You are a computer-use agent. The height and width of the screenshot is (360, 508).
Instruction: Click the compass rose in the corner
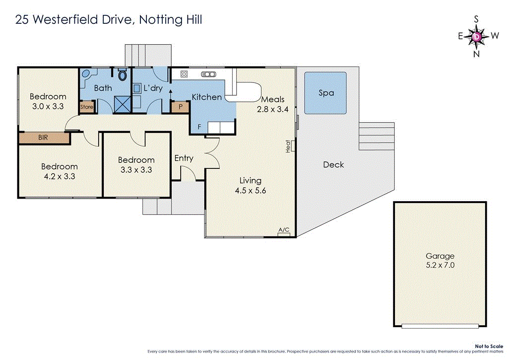(x=477, y=36)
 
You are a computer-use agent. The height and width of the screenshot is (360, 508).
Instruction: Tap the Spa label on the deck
(x=326, y=93)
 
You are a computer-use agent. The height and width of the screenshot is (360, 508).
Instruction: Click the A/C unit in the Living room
(x=284, y=230)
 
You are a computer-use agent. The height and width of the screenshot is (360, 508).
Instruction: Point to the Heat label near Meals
(x=289, y=145)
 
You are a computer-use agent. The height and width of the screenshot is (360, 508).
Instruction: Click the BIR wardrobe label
(x=43, y=138)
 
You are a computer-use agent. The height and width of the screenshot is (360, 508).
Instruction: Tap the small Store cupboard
(x=87, y=107)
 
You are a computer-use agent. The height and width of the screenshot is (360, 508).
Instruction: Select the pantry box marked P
(x=180, y=106)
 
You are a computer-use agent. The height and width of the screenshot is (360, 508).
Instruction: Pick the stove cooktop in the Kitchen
(x=184, y=74)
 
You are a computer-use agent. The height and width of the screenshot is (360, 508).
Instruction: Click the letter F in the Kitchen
(x=199, y=127)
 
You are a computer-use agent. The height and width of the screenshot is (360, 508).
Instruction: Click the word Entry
(x=184, y=158)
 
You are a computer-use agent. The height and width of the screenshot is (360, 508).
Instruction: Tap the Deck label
(x=333, y=164)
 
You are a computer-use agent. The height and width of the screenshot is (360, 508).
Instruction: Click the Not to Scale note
(x=489, y=346)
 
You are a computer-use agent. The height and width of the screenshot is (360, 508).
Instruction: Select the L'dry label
(x=153, y=88)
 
